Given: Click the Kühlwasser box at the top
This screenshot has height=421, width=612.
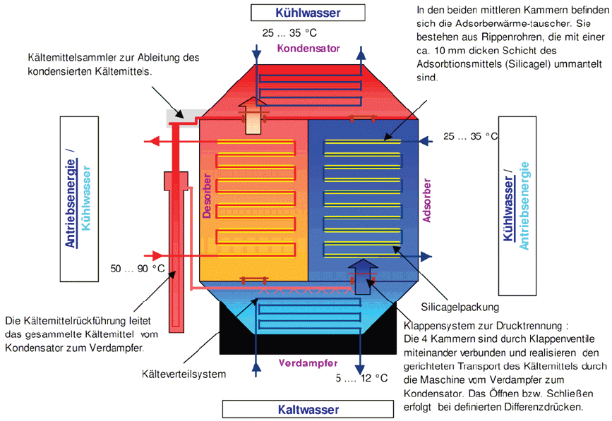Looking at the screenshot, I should click(x=308, y=13).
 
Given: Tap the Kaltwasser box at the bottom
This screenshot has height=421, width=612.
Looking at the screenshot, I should click(x=308, y=409).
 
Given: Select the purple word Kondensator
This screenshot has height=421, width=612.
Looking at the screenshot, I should click(x=308, y=49).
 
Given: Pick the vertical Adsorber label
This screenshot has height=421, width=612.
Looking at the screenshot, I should click(x=426, y=201).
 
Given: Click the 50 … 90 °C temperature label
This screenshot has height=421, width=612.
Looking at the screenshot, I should click(x=138, y=268).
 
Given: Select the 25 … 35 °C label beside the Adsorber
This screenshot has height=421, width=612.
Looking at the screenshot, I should click(x=469, y=135).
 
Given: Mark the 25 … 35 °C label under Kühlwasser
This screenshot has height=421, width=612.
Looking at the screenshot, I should click(x=289, y=32).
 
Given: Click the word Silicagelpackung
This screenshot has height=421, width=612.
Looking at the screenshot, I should click(x=460, y=307).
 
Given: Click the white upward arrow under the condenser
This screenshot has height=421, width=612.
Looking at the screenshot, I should click(x=252, y=116).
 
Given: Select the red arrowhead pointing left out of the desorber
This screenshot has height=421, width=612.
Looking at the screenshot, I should click(x=149, y=142).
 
